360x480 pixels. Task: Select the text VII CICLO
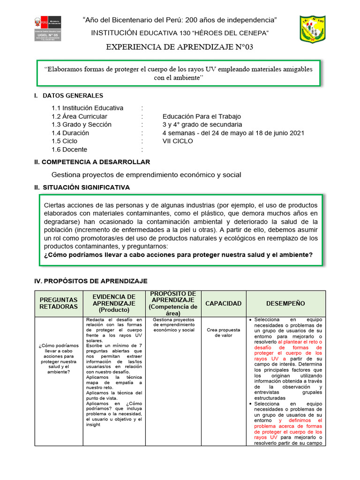coord(178,141)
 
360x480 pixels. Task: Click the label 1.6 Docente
coord(69,150)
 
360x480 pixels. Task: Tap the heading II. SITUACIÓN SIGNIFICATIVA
coord(82,187)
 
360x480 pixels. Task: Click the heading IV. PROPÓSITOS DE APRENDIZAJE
coord(91,281)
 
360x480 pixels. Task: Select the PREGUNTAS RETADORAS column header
coord(59,303)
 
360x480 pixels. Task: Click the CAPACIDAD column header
coord(224,303)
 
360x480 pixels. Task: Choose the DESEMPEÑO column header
coord(285,303)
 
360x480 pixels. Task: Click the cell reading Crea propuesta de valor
coord(224,332)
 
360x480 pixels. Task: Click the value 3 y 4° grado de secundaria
coord(202,125)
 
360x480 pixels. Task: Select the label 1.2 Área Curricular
coord(79,116)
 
